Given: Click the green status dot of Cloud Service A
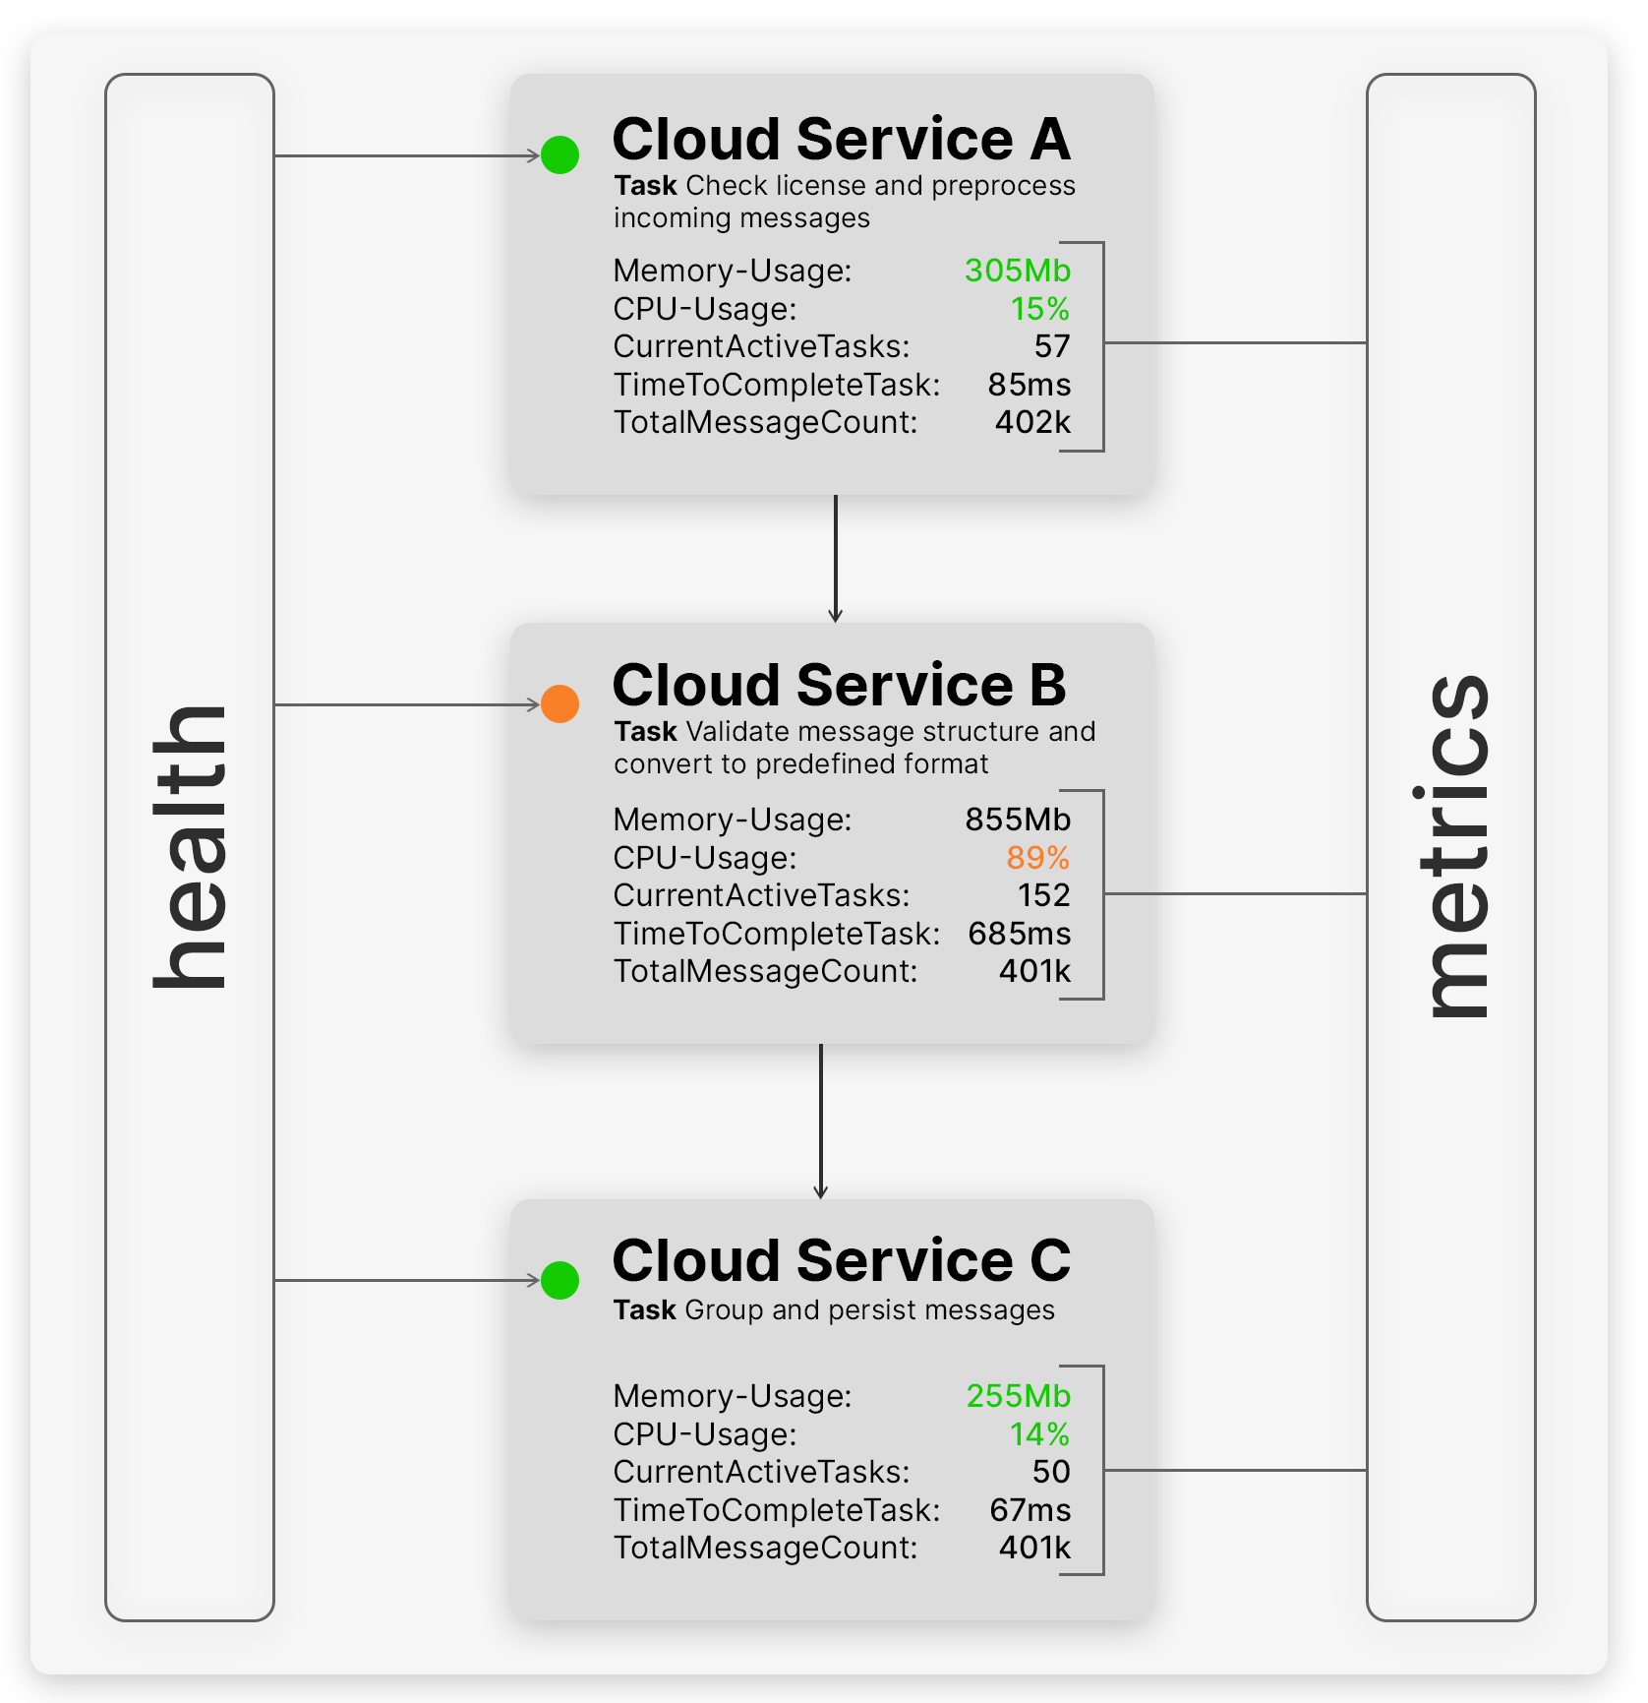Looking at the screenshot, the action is click(560, 154).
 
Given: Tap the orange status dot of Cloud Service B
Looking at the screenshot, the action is click(560, 703).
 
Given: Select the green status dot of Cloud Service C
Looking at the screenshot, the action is click(560, 1280).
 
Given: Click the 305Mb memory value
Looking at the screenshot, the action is click(1018, 271).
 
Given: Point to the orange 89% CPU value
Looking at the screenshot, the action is click(1037, 858).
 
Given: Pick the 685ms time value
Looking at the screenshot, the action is click(1020, 934).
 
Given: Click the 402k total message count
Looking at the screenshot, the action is click(1032, 422).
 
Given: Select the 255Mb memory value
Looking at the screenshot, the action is click(1019, 1396).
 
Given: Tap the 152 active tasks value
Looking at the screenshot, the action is click(1044, 895).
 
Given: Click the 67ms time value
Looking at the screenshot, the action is click(1030, 1510).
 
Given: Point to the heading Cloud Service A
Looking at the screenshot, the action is click(842, 139).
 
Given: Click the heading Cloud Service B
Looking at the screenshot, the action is click(840, 685).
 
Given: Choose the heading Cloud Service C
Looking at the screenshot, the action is click(842, 1260).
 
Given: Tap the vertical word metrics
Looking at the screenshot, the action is click(1454, 846).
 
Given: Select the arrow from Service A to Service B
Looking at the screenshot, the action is click(836, 559).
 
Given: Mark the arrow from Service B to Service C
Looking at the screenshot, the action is click(821, 1122).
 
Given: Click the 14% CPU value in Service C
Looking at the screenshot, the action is click(1039, 1434).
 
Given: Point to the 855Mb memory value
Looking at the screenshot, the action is click(1018, 820).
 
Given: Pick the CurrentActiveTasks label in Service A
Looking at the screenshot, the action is click(762, 346).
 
